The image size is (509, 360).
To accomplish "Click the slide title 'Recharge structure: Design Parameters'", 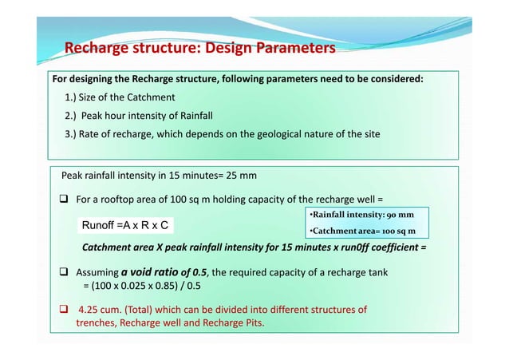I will [x=199, y=49].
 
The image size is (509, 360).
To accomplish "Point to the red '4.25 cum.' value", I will [x=103, y=310].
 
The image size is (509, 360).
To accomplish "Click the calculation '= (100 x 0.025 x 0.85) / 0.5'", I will [x=144, y=285].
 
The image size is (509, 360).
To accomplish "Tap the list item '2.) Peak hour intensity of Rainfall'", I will [x=139, y=116].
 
